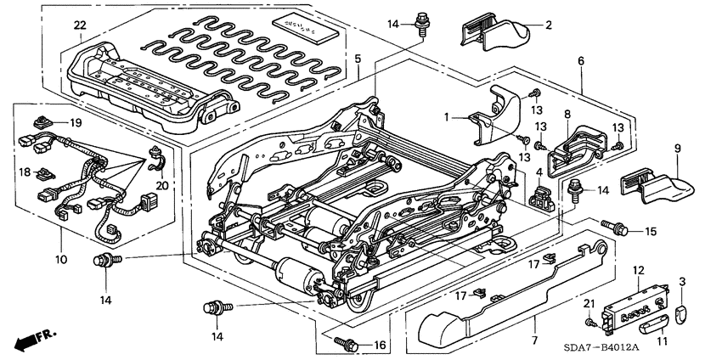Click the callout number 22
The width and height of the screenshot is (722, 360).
click(79, 25)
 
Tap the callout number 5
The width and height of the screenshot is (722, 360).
click(358, 59)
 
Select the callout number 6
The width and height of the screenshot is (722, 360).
click(581, 61)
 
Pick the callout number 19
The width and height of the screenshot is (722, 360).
click(76, 123)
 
